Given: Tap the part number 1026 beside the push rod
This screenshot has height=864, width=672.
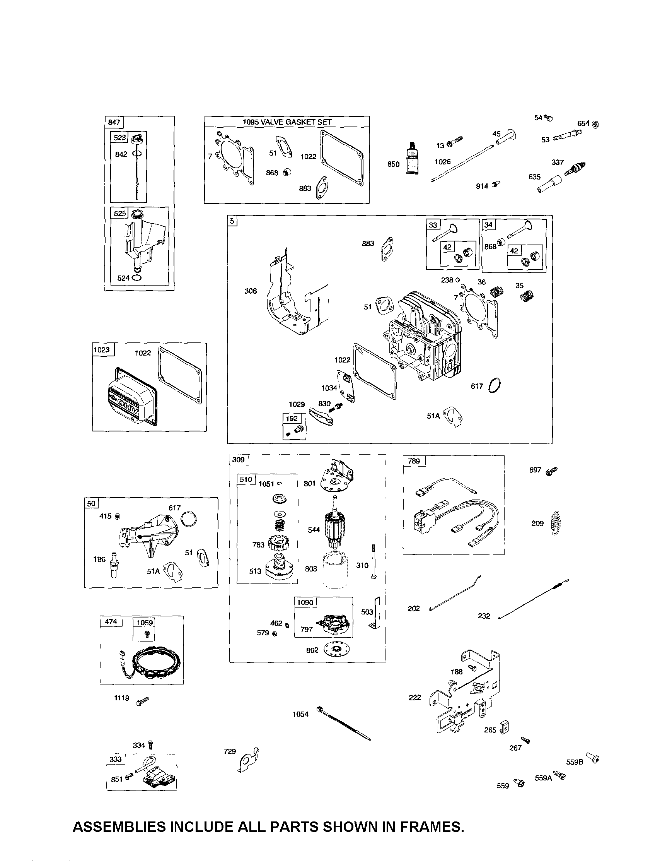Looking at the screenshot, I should (x=442, y=161).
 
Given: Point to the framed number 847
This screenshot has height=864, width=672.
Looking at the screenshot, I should (x=114, y=122).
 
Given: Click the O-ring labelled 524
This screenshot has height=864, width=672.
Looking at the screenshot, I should (x=136, y=278).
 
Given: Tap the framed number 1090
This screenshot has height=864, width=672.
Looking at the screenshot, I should (x=305, y=602).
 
